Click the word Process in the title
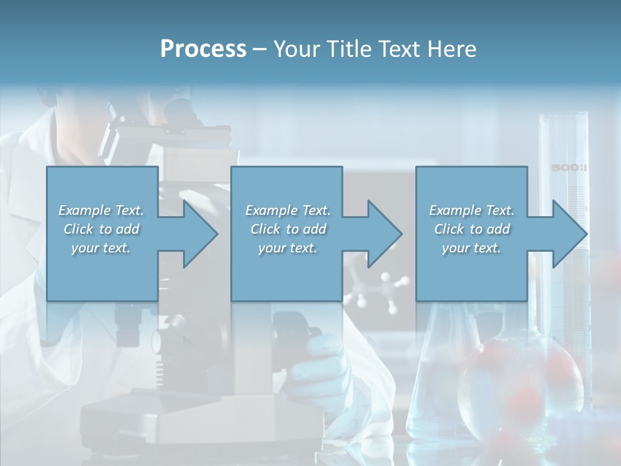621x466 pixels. [x=203, y=49]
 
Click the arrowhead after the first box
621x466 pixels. [x=201, y=234]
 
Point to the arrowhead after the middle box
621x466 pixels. [x=385, y=234]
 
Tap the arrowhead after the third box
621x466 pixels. [x=570, y=234]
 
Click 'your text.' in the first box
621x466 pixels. [x=101, y=248]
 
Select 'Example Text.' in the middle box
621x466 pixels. [x=288, y=210]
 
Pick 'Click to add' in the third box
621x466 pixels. [x=472, y=229]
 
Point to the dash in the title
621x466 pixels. [x=260, y=50]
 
